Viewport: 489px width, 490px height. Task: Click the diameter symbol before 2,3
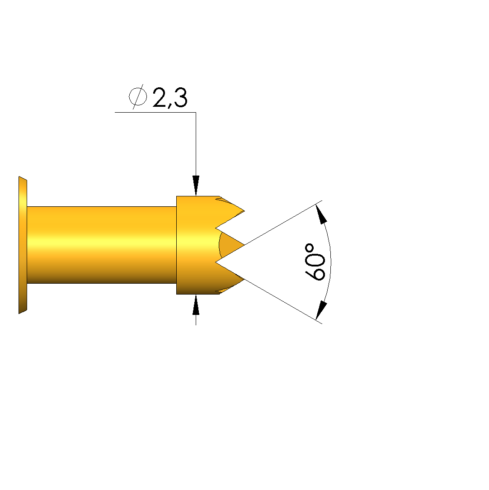[138, 96]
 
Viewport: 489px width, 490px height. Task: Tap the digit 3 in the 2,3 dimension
[180, 97]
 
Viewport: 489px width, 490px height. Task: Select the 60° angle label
[315, 262]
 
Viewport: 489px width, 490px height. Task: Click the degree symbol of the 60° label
[309, 248]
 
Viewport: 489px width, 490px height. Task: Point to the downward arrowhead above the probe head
[196, 186]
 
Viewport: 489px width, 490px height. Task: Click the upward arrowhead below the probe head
[196, 304]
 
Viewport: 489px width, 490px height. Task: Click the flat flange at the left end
[23, 245]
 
